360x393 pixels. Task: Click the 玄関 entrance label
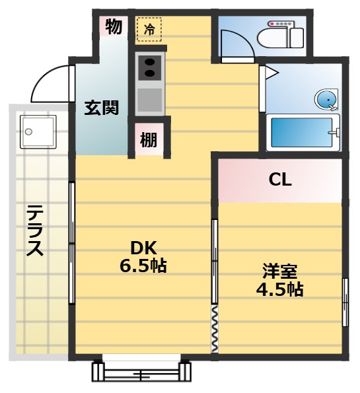[102, 108]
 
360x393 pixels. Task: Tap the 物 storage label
[114, 26]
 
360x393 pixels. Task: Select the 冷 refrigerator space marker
[149, 30]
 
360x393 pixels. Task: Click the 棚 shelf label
[149, 140]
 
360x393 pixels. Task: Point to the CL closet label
[280, 180]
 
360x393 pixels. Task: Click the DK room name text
[143, 248]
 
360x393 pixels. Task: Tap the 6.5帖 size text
[143, 266]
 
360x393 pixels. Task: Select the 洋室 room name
[280, 271]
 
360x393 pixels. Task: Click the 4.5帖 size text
[279, 289]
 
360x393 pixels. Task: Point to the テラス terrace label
[35, 231]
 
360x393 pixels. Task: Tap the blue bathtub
[303, 132]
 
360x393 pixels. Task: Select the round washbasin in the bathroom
[326, 99]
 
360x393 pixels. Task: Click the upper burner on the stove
[150, 62]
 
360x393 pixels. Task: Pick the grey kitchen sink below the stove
[150, 100]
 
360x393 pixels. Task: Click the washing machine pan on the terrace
[38, 132]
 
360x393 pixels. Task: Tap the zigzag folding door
[215, 329]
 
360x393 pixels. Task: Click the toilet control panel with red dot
[280, 24]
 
